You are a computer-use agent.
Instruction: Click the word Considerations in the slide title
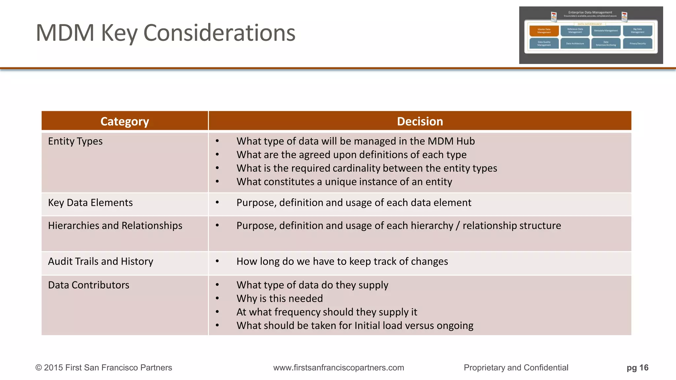[x=219, y=33]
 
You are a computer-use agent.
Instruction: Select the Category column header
[x=125, y=121]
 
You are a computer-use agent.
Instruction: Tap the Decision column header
[x=420, y=121]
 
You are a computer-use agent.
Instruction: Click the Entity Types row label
[x=75, y=141]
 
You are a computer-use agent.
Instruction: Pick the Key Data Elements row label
[x=90, y=203]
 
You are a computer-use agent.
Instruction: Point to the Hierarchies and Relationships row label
[x=115, y=226]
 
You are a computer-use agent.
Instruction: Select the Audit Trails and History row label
[x=101, y=261]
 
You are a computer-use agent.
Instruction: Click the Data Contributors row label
[x=89, y=285]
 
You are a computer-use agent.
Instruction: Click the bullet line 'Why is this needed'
[x=280, y=299]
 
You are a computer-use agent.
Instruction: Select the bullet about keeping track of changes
[x=342, y=261]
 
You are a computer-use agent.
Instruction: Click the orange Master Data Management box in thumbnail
[x=544, y=31]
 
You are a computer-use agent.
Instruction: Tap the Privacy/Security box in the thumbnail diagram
[x=637, y=44]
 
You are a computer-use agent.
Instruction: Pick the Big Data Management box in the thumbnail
[x=637, y=31]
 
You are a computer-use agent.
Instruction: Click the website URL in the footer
[x=339, y=367]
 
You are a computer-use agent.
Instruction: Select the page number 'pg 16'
[x=637, y=367]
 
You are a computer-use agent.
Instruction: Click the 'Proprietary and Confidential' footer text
[x=516, y=367]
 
